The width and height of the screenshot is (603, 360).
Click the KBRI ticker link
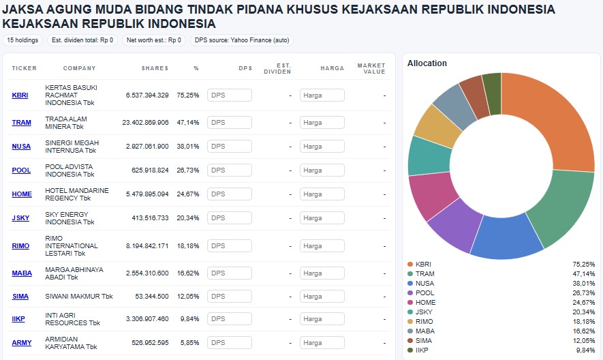[x=20, y=95]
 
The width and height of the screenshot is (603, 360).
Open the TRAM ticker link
[x=21, y=123]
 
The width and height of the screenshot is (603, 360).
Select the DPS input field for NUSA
[x=230, y=147]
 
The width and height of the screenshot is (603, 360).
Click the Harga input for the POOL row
[x=322, y=170]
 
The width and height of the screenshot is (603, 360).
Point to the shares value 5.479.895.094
[x=146, y=194]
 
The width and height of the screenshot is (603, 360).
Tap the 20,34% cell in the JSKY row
[x=187, y=218]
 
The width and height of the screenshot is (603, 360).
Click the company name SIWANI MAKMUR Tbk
[x=78, y=297]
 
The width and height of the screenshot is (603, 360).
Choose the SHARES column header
[x=155, y=68]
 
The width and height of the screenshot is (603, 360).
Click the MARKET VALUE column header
[x=371, y=68]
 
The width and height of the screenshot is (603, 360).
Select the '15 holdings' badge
[x=22, y=40]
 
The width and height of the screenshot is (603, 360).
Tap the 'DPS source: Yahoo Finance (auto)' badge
[x=242, y=40]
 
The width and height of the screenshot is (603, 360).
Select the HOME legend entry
[x=425, y=302]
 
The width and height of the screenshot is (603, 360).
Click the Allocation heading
[x=427, y=63]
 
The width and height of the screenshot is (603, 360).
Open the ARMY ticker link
[x=21, y=342]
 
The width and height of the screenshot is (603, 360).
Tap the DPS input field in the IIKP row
[x=230, y=319]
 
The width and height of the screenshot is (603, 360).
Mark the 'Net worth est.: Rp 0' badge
[x=154, y=40]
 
